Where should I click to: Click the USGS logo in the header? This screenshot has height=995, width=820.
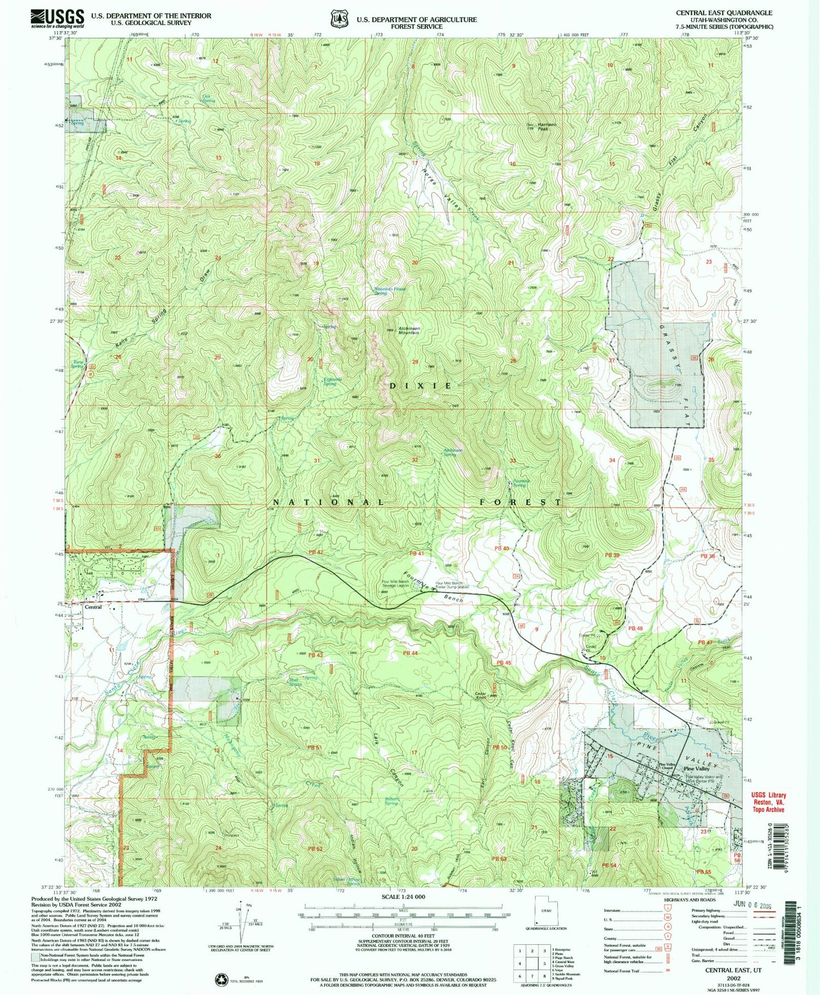(x=57, y=18)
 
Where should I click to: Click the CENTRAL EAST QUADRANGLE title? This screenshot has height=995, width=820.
(x=724, y=13)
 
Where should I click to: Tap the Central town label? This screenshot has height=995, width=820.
(x=92, y=607)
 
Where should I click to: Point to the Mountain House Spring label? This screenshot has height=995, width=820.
(x=389, y=291)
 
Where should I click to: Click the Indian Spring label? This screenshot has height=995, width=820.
(x=391, y=802)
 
